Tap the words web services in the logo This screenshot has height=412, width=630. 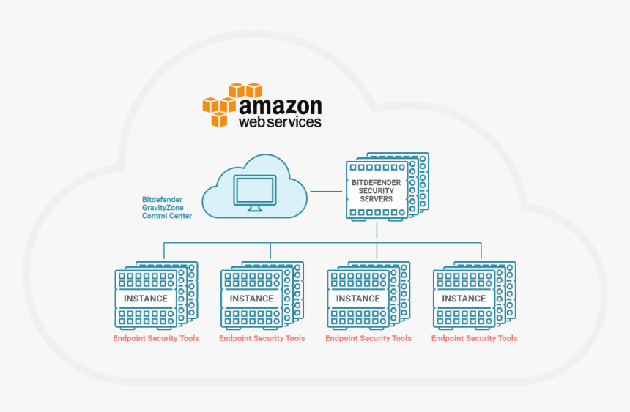280,121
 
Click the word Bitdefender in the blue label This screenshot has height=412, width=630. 162,199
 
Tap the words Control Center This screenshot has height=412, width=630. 167,217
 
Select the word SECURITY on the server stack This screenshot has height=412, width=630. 376,190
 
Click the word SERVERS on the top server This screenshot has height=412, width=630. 376,199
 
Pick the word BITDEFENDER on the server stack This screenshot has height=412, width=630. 376,182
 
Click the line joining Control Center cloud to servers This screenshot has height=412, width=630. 326,192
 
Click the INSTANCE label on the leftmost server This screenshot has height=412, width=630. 146,299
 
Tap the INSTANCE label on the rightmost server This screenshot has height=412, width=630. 464,299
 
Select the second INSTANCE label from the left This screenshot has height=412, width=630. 251,299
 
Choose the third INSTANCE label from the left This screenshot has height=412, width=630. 357,299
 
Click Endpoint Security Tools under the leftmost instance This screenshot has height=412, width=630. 156,339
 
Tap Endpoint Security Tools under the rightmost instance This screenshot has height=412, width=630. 474,339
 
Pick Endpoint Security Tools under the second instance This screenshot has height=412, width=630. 262,339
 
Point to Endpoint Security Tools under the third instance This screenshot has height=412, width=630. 368,339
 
